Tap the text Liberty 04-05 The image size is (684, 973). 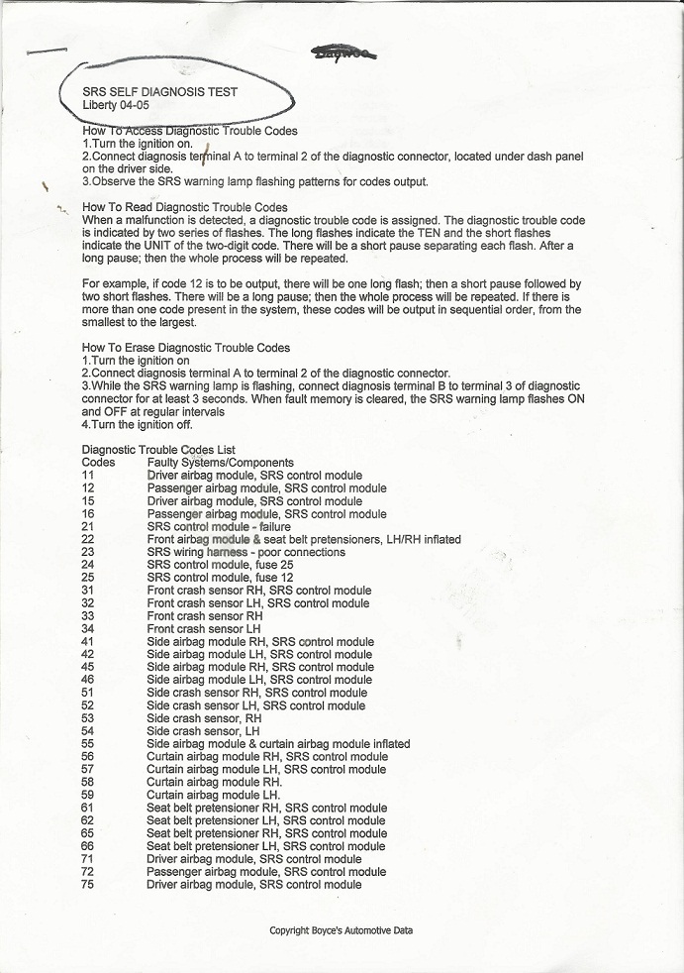tap(116, 105)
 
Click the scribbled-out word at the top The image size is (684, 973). tap(343, 55)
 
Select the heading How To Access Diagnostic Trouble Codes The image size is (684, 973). tap(189, 131)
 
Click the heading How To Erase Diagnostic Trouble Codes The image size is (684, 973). tap(186, 348)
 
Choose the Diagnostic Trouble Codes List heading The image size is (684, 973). tap(158, 450)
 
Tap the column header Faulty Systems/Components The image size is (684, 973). tap(220, 463)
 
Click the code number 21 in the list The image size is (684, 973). tap(88, 526)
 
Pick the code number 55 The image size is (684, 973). tap(88, 743)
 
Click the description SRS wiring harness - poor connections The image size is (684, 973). tap(245, 552)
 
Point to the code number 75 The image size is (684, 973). tap(88, 885)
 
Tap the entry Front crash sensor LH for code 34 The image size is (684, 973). tap(203, 628)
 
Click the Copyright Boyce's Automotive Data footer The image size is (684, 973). tap(342, 930)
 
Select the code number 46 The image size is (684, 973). tap(88, 680)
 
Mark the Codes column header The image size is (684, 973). tap(98, 463)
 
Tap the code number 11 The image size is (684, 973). tap(88, 476)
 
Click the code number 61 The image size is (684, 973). tap(88, 808)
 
